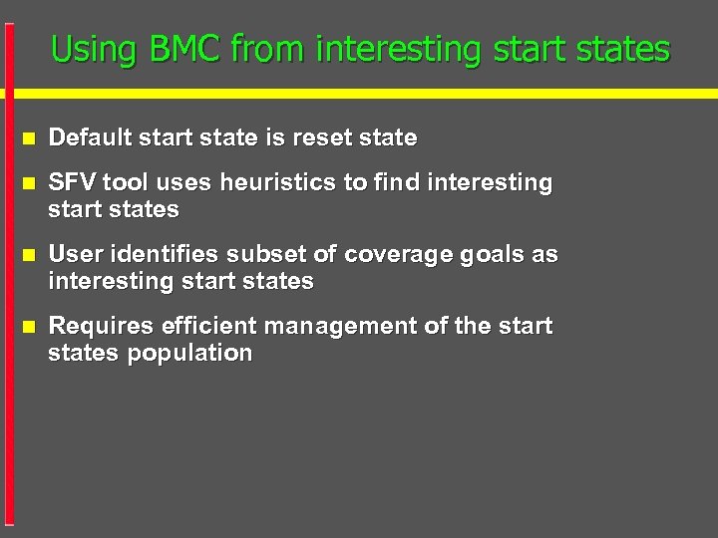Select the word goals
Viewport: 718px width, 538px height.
[491, 254]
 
